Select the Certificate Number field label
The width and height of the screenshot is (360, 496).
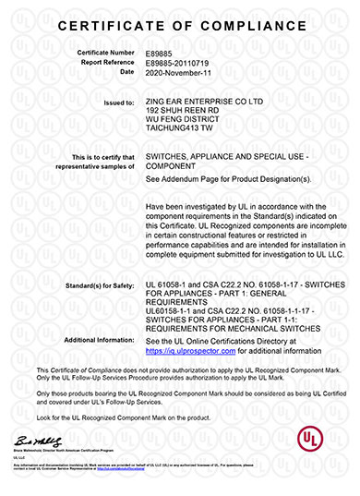tap(107, 54)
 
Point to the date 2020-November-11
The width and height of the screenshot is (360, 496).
tap(179, 71)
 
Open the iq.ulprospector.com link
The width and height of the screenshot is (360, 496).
tap(197, 351)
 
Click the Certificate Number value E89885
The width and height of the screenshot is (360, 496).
tap(159, 54)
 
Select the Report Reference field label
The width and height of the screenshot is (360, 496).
tap(107, 63)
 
